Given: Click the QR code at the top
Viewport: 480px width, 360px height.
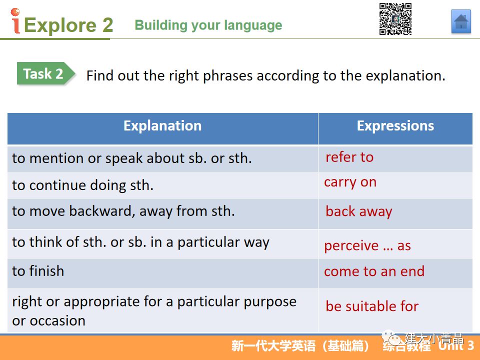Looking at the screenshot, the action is (x=395, y=18).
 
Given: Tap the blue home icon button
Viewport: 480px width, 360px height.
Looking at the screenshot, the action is (x=461, y=21).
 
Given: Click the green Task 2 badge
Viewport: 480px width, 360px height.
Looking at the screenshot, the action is (x=46, y=73).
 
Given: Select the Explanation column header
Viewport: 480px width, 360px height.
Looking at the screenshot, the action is (x=162, y=126).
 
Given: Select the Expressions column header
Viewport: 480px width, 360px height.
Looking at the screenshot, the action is (x=395, y=126).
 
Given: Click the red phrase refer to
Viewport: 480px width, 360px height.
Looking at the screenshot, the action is (x=349, y=157).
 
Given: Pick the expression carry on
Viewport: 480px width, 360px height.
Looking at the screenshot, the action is (x=350, y=183).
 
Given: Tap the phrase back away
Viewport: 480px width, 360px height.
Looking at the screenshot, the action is (x=359, y=211).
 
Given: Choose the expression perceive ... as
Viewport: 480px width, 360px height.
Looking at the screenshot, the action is (x=367, y=246).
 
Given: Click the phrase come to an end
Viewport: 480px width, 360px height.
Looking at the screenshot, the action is (x=374, y=271).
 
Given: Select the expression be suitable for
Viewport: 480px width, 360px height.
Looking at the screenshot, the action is (x=372, y=306).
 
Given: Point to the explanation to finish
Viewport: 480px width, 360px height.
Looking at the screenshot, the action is (x=38, y=271).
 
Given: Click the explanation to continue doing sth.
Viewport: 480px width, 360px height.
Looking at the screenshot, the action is (x=82, y=185).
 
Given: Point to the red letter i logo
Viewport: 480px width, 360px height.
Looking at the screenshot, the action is (x=15, y=21).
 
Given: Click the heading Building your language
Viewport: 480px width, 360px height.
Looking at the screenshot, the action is (x=208, y=25).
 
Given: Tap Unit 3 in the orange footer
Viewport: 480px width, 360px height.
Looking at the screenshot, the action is (x=456, y=345).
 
